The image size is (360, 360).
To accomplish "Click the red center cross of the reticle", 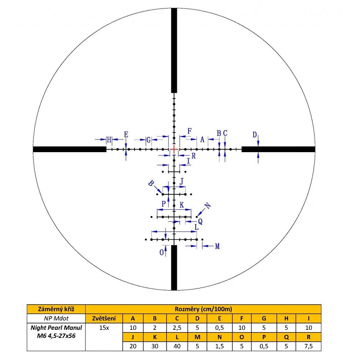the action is (174, 149).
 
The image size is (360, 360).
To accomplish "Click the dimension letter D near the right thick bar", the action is (255, 135).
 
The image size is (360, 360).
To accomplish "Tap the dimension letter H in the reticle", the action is (109, 139).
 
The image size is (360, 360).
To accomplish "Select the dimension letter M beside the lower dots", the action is (217, 246).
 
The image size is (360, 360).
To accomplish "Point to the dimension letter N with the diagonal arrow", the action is (207, 206).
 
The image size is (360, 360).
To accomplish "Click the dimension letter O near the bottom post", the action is (162, 252).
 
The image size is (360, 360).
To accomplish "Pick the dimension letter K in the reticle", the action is (182, 205).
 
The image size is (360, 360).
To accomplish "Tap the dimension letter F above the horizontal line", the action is (189, 131).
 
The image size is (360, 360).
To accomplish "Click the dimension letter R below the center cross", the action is (193, 156).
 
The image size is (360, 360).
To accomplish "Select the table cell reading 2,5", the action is (177, 328).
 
